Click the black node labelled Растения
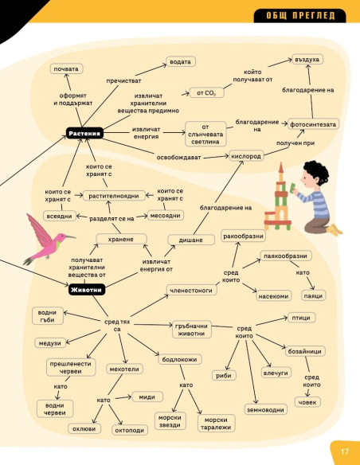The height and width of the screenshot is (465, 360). pyautogui.click(x=84, y=134)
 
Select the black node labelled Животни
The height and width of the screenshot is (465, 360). pyautogui.click(x=87, y=290)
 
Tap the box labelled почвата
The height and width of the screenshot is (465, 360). pyautogui.click(x=66, y=68)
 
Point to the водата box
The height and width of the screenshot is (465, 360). pyautogui.click(x=180, y=61)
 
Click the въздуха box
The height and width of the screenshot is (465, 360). pyautogui.click(x=307, y=59)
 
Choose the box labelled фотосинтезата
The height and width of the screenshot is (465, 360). pyautogui.click(x=313, y=124)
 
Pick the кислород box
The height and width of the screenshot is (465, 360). pyautogui.click(x=246, y=156)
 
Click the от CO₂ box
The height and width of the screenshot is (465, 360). pyautogui.click(x=206, y=93)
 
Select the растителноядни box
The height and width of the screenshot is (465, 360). pyautogui.click(x=114, y=196)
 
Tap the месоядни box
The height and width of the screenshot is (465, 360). pyautogui.click(x=166, y=215)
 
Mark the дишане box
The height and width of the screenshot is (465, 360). pyautogui.click(x=191, y=240)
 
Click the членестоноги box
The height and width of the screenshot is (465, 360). pyautogui.click(x=191, y=290)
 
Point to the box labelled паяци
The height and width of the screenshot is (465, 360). pyautogui.click(x=314, y=295)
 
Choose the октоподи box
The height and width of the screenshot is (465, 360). pyautogui.click(x=130, y=430)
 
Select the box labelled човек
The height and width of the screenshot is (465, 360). pyautogui.click(x=307, y=402)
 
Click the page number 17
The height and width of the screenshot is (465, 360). pyautogui.click(x=345, y=451)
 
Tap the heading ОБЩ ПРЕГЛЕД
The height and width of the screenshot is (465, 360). pyautogui.click(x=300, y=15)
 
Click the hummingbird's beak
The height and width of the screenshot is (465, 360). pyautogui.click(x=71, y=236)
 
